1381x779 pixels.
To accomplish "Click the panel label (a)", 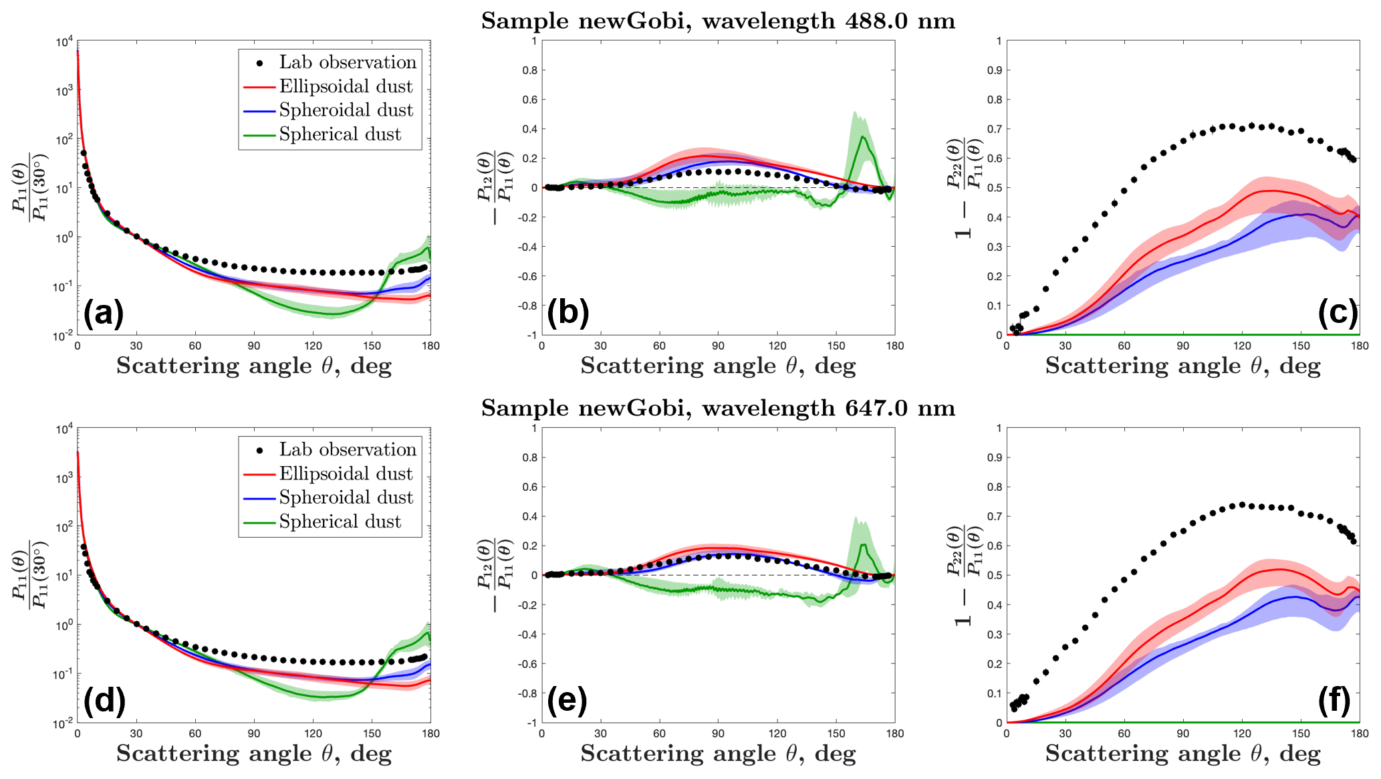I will pyautogui.click(x=104, y=313).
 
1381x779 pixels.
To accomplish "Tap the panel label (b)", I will pyautogui.click(x=568, y=313).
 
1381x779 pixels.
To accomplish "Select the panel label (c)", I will pyautogui.click(x=1338, y=313).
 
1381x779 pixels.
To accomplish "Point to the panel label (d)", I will pyautogui.click(x=104, y=700).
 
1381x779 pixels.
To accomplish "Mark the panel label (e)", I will pyautogui.click(x=568, y=700).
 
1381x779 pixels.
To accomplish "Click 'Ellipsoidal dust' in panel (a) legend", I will pyautogui.click(x=346, y=86).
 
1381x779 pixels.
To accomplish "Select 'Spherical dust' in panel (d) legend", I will pyautogui.click(x=340, y=522).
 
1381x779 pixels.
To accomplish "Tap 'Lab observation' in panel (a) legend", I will pyautogui.click(x=348, y=62).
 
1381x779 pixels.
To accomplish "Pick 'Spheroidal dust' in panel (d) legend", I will pyautogui.click(x=346, y=497).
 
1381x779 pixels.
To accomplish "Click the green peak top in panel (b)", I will pyautogui.click(x=864, y=136).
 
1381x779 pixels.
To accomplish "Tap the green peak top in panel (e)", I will pyautogui.click(x=863, y=544).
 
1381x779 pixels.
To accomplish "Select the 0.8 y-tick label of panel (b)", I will pyautogui.click(x=529, y=70).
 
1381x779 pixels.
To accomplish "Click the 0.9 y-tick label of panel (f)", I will pyautogui.click(x=995, y=457).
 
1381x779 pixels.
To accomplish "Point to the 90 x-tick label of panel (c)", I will pyautogui.click(x=1183, y=346).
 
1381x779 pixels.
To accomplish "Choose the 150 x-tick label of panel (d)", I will pyautogui.click(x=372, y=734).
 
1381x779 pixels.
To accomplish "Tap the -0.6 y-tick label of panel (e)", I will pyautogui.click(x=528, y=664).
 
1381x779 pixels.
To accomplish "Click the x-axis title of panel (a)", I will pyautogui.click(x=254, y=366).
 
